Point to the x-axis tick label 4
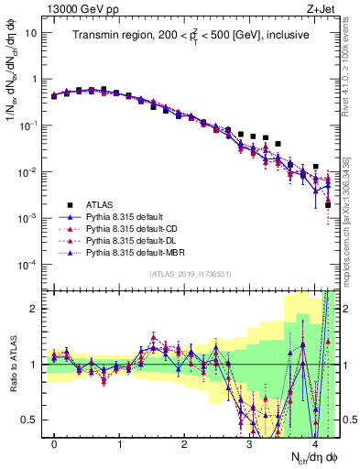(313, 444)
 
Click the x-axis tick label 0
(54, 444)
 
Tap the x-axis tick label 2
(184, 444)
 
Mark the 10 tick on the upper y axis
(32, 32)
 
